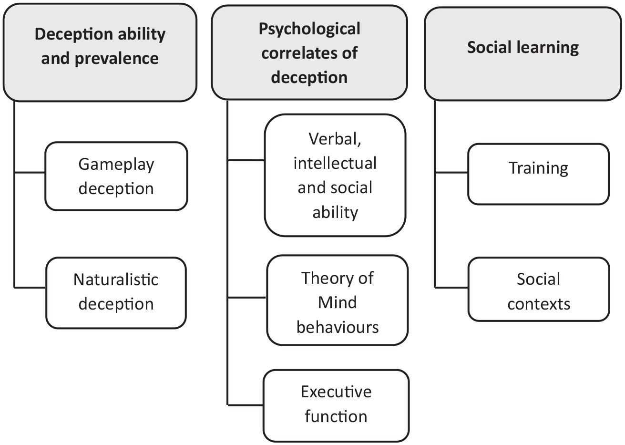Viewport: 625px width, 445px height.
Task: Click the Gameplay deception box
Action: (116, 176)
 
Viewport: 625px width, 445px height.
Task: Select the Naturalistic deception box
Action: (116, 293)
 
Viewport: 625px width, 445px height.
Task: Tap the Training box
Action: (538, 174)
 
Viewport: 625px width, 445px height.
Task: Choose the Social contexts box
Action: (539, 289)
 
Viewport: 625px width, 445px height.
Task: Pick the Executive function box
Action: (336, 406)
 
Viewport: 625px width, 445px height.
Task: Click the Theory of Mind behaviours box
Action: (338, 300)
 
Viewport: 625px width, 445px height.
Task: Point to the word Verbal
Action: (335, 139)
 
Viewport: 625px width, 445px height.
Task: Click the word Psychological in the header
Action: (309, 29)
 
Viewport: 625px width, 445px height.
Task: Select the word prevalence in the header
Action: (117, 59)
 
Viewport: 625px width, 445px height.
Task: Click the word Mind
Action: (338, 302)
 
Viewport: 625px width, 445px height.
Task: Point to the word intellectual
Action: (335, 163)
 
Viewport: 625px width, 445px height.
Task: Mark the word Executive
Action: (336, 392)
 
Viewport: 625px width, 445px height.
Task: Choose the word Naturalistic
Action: (116, 279)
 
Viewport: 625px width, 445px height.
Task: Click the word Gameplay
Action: (116, 165)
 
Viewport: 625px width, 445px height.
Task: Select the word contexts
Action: (539, 304)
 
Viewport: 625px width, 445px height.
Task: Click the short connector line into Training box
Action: (451, 173)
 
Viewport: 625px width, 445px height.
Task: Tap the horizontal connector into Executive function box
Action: (246, 405)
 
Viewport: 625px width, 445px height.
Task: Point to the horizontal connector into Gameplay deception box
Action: (30, 173)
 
